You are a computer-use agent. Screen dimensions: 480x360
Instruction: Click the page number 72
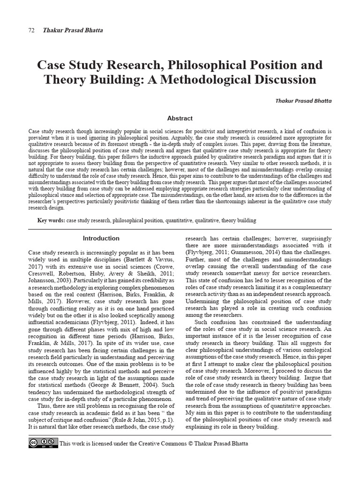coord(31,30)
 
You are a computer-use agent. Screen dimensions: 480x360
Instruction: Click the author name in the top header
coord(73,30)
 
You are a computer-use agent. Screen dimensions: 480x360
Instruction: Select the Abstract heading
coord(180,119)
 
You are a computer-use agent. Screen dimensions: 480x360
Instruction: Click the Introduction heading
coord(101,238)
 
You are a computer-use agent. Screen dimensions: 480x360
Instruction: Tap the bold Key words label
coord(51,220)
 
